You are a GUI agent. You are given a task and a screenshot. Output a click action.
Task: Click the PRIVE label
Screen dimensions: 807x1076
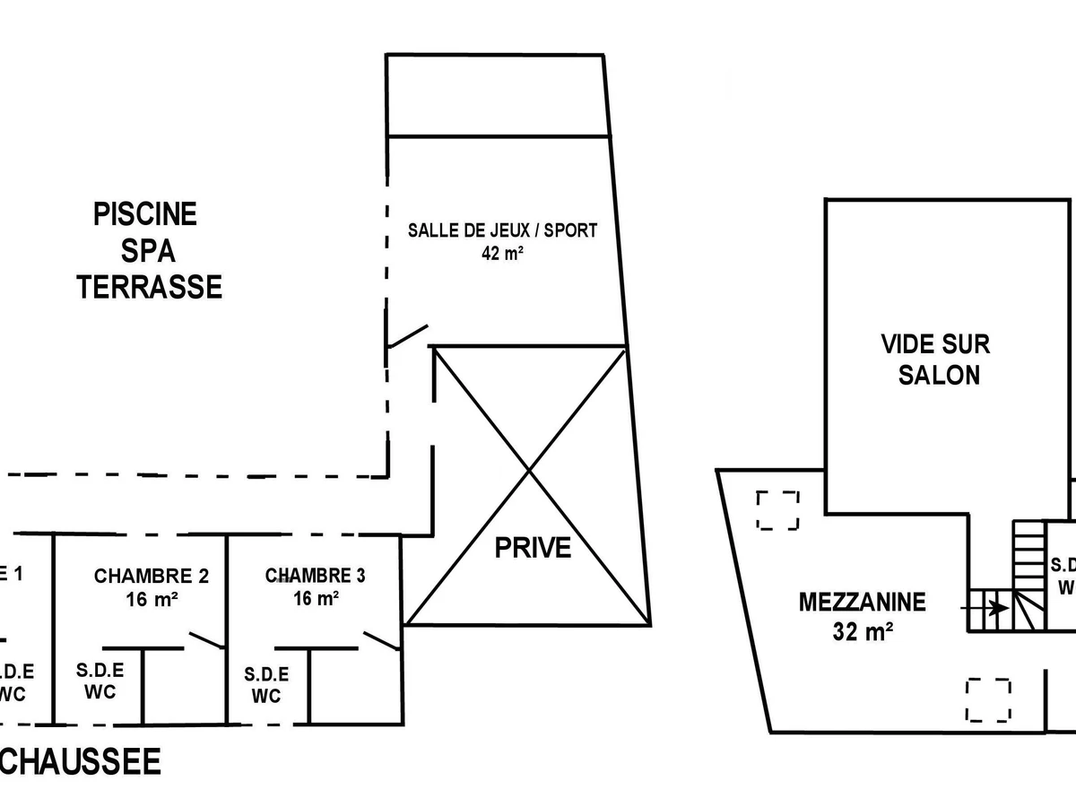(x=533, y=547)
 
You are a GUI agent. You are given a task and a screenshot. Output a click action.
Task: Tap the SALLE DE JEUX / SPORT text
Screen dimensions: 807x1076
(x=502, y=230)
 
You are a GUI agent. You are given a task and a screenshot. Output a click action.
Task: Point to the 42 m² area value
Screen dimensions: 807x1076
(x=502, y=253)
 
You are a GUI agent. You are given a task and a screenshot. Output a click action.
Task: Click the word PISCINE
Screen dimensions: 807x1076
(x=145, y=215)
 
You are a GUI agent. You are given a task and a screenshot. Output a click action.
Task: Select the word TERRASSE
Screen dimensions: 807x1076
(x=149, y=287)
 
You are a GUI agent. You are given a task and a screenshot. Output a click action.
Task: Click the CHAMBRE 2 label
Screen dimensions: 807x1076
(x=152, y=576)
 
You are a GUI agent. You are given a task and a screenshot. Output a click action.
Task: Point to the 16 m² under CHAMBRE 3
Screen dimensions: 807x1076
(x=316, y=597)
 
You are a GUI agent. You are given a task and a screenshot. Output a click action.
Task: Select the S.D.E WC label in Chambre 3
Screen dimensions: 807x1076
(x=267, y=685)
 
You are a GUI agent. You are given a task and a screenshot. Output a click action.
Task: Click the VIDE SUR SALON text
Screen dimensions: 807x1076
(x=935, y=359)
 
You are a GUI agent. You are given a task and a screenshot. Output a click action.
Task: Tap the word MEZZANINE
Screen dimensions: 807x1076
(x=862, y=602)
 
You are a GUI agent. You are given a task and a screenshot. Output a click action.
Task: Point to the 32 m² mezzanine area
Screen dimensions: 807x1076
(x=862, y=631)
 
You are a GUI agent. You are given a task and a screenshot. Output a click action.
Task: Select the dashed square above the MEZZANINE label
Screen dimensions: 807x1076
(x=777, y=510)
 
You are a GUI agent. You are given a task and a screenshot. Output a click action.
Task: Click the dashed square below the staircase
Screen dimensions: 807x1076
(x=988, y=700)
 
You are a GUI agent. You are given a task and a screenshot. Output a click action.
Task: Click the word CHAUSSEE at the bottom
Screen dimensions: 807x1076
(x=81, y=763)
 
